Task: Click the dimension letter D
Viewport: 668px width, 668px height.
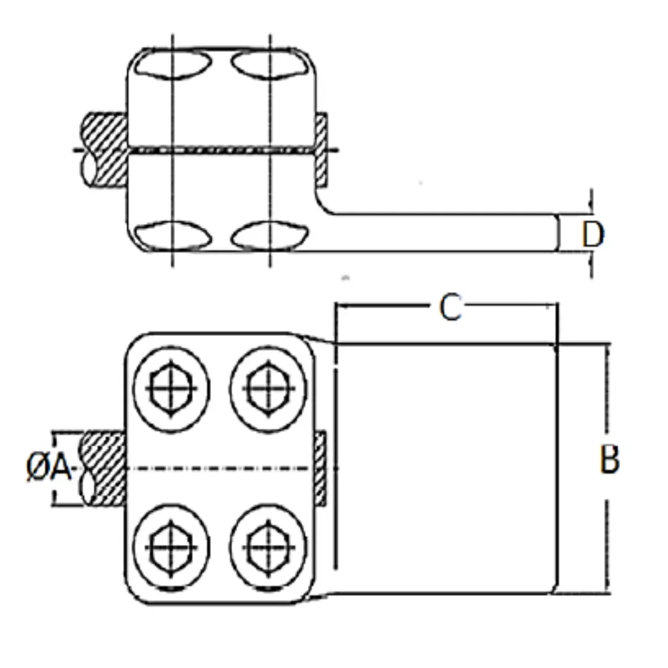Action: pyautogui.click(x=593, y=234)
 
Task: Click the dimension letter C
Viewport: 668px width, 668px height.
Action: pyautogui.click(x=450, y=307)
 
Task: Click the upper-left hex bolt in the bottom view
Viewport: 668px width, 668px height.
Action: pyautogui.click(x=171, y=388)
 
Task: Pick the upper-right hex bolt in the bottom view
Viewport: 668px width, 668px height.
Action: pyautogui.click(x=268, y=388)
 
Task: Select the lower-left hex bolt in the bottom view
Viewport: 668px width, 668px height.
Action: pyautogui.click(x=171, y=547)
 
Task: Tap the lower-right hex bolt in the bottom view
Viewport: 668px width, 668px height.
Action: pyautogui.click(x=268, y=547)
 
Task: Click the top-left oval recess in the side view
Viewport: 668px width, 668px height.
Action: pyautogui.click(x=173, y=64)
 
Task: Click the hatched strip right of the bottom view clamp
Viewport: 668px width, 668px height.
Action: pyautogui.click(x=320, y=468)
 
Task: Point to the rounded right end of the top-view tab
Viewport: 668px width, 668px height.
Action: pyautogui.click(x=555, y=233)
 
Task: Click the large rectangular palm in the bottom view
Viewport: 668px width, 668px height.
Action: pyautogui.click(x=445, y=468)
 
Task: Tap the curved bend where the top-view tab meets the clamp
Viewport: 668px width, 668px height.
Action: pyautogui.click(x=324, y=204)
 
